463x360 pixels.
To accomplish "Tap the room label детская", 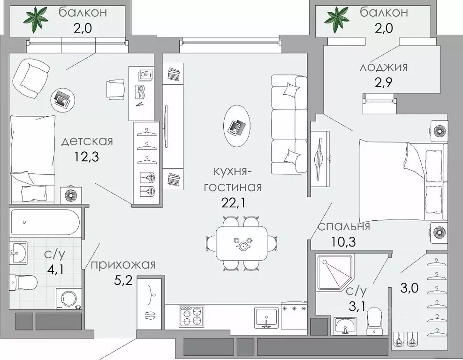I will pyautogui.click(x=87, y=140).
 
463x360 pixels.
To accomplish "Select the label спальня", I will pyautogui.click(x=344, y=226).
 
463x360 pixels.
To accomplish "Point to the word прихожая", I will pyautogui.click(x=123, y=265).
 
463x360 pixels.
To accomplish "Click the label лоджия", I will pyautogui.click(x=383, y=67).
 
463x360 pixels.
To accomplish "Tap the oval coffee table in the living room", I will pyautogui.click(x=237, y=126).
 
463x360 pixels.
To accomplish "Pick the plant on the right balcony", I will pyautogui.click(x=338, y=17).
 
